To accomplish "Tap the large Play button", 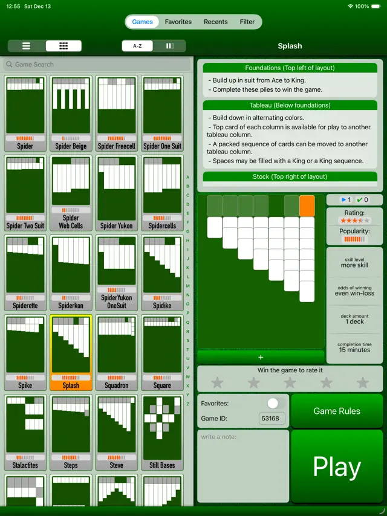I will click(x=337, y=466).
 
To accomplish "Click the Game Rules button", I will click(x=337, y=411).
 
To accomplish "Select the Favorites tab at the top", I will click(x=178, y=22).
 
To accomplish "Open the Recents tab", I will click(x=215, y=22).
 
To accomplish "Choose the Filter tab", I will click(x=247, y=22).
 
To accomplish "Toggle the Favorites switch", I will click(x=276, y=403).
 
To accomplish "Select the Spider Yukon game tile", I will click(x=117, y=193).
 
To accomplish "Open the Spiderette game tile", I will click(x=25, y=273).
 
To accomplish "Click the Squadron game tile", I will click(x=117, y=352).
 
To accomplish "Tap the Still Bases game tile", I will click(x=163, y=432).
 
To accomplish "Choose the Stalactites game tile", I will click(x=25, y=432).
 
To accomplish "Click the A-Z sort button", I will click(x=137, y=46).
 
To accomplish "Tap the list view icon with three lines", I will click(x=26, y=46).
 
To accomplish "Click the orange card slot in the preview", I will click(x=307, y=205).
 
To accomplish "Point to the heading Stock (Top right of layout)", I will click(x=290, y=176).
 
